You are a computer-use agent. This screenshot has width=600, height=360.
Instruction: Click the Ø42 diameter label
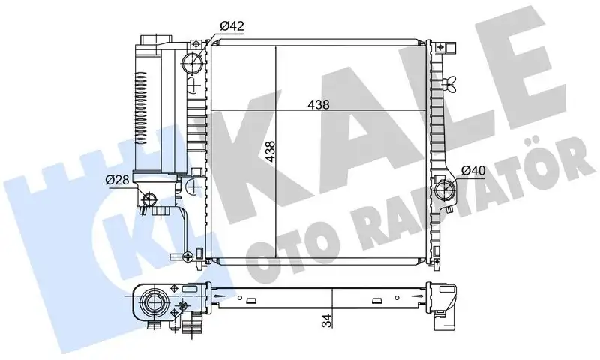232,26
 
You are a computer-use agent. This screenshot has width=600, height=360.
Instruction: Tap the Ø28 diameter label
118,180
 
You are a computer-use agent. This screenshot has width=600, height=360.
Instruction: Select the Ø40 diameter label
473,171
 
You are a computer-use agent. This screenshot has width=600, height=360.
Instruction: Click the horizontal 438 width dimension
319,104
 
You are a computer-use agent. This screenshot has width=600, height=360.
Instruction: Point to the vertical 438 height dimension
270,151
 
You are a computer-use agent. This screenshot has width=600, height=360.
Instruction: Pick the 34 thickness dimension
327,321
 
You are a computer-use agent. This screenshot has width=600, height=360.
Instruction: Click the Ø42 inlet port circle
192,62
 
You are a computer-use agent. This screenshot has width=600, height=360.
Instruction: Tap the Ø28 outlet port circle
149,200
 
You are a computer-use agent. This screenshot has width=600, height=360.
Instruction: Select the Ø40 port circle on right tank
445,188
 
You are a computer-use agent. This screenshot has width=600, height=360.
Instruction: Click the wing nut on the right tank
448,84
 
